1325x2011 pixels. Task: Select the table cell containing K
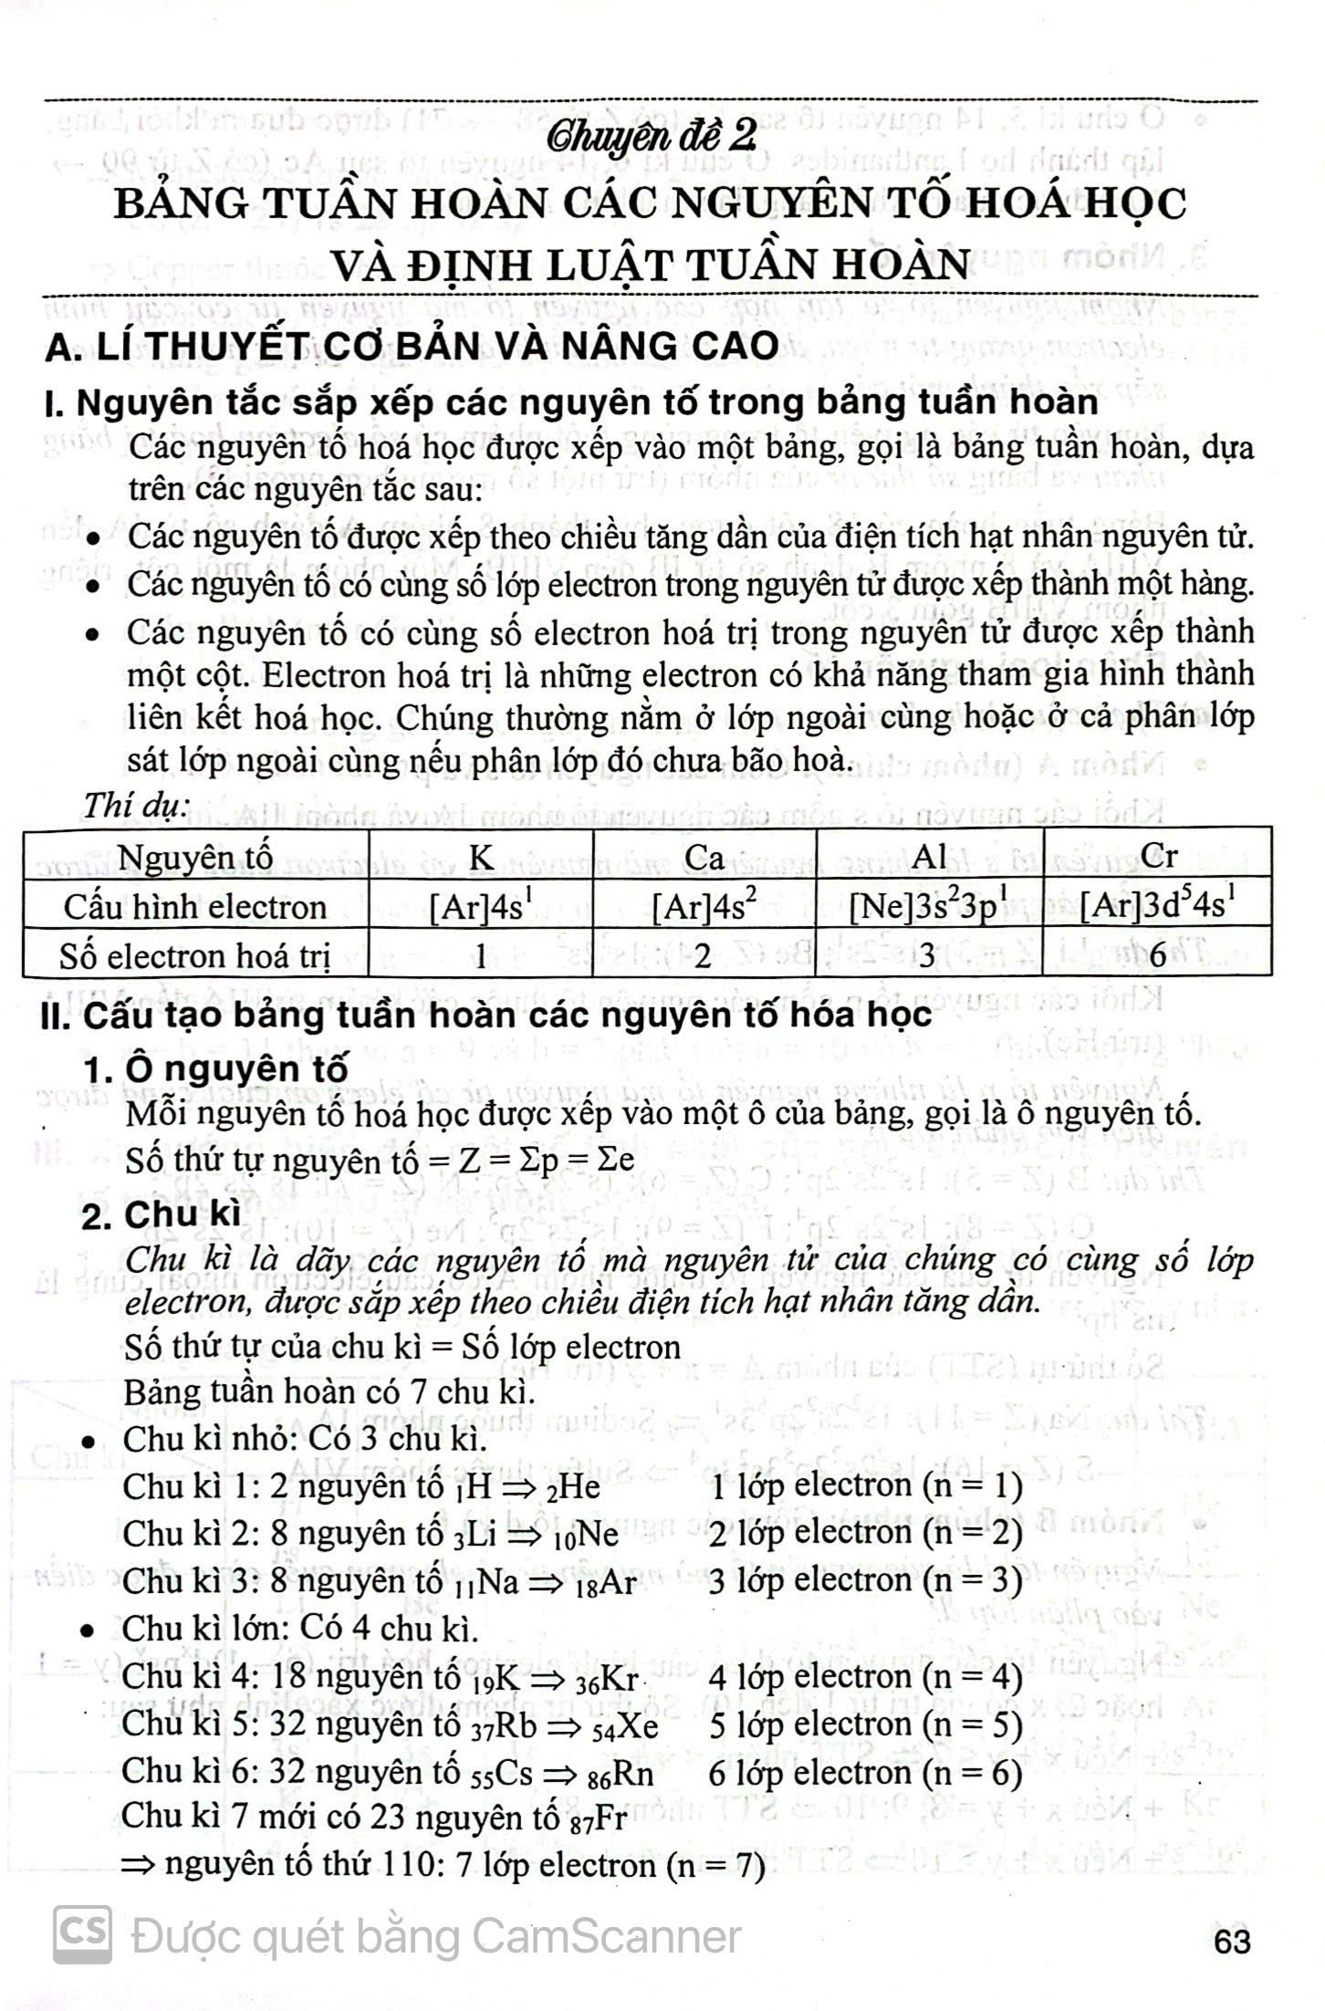pos(481,856)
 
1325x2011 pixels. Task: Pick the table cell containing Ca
pos(704,856)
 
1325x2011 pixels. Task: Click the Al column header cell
pos(929,856)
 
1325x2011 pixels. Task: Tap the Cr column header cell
pos(1158,856)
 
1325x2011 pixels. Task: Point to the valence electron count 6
pos(1158,955)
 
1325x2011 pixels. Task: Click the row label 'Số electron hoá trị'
pos(195,955)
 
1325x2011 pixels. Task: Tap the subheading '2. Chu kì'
pos(161,1214)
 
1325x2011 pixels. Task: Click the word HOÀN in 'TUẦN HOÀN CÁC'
pos(480,203)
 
